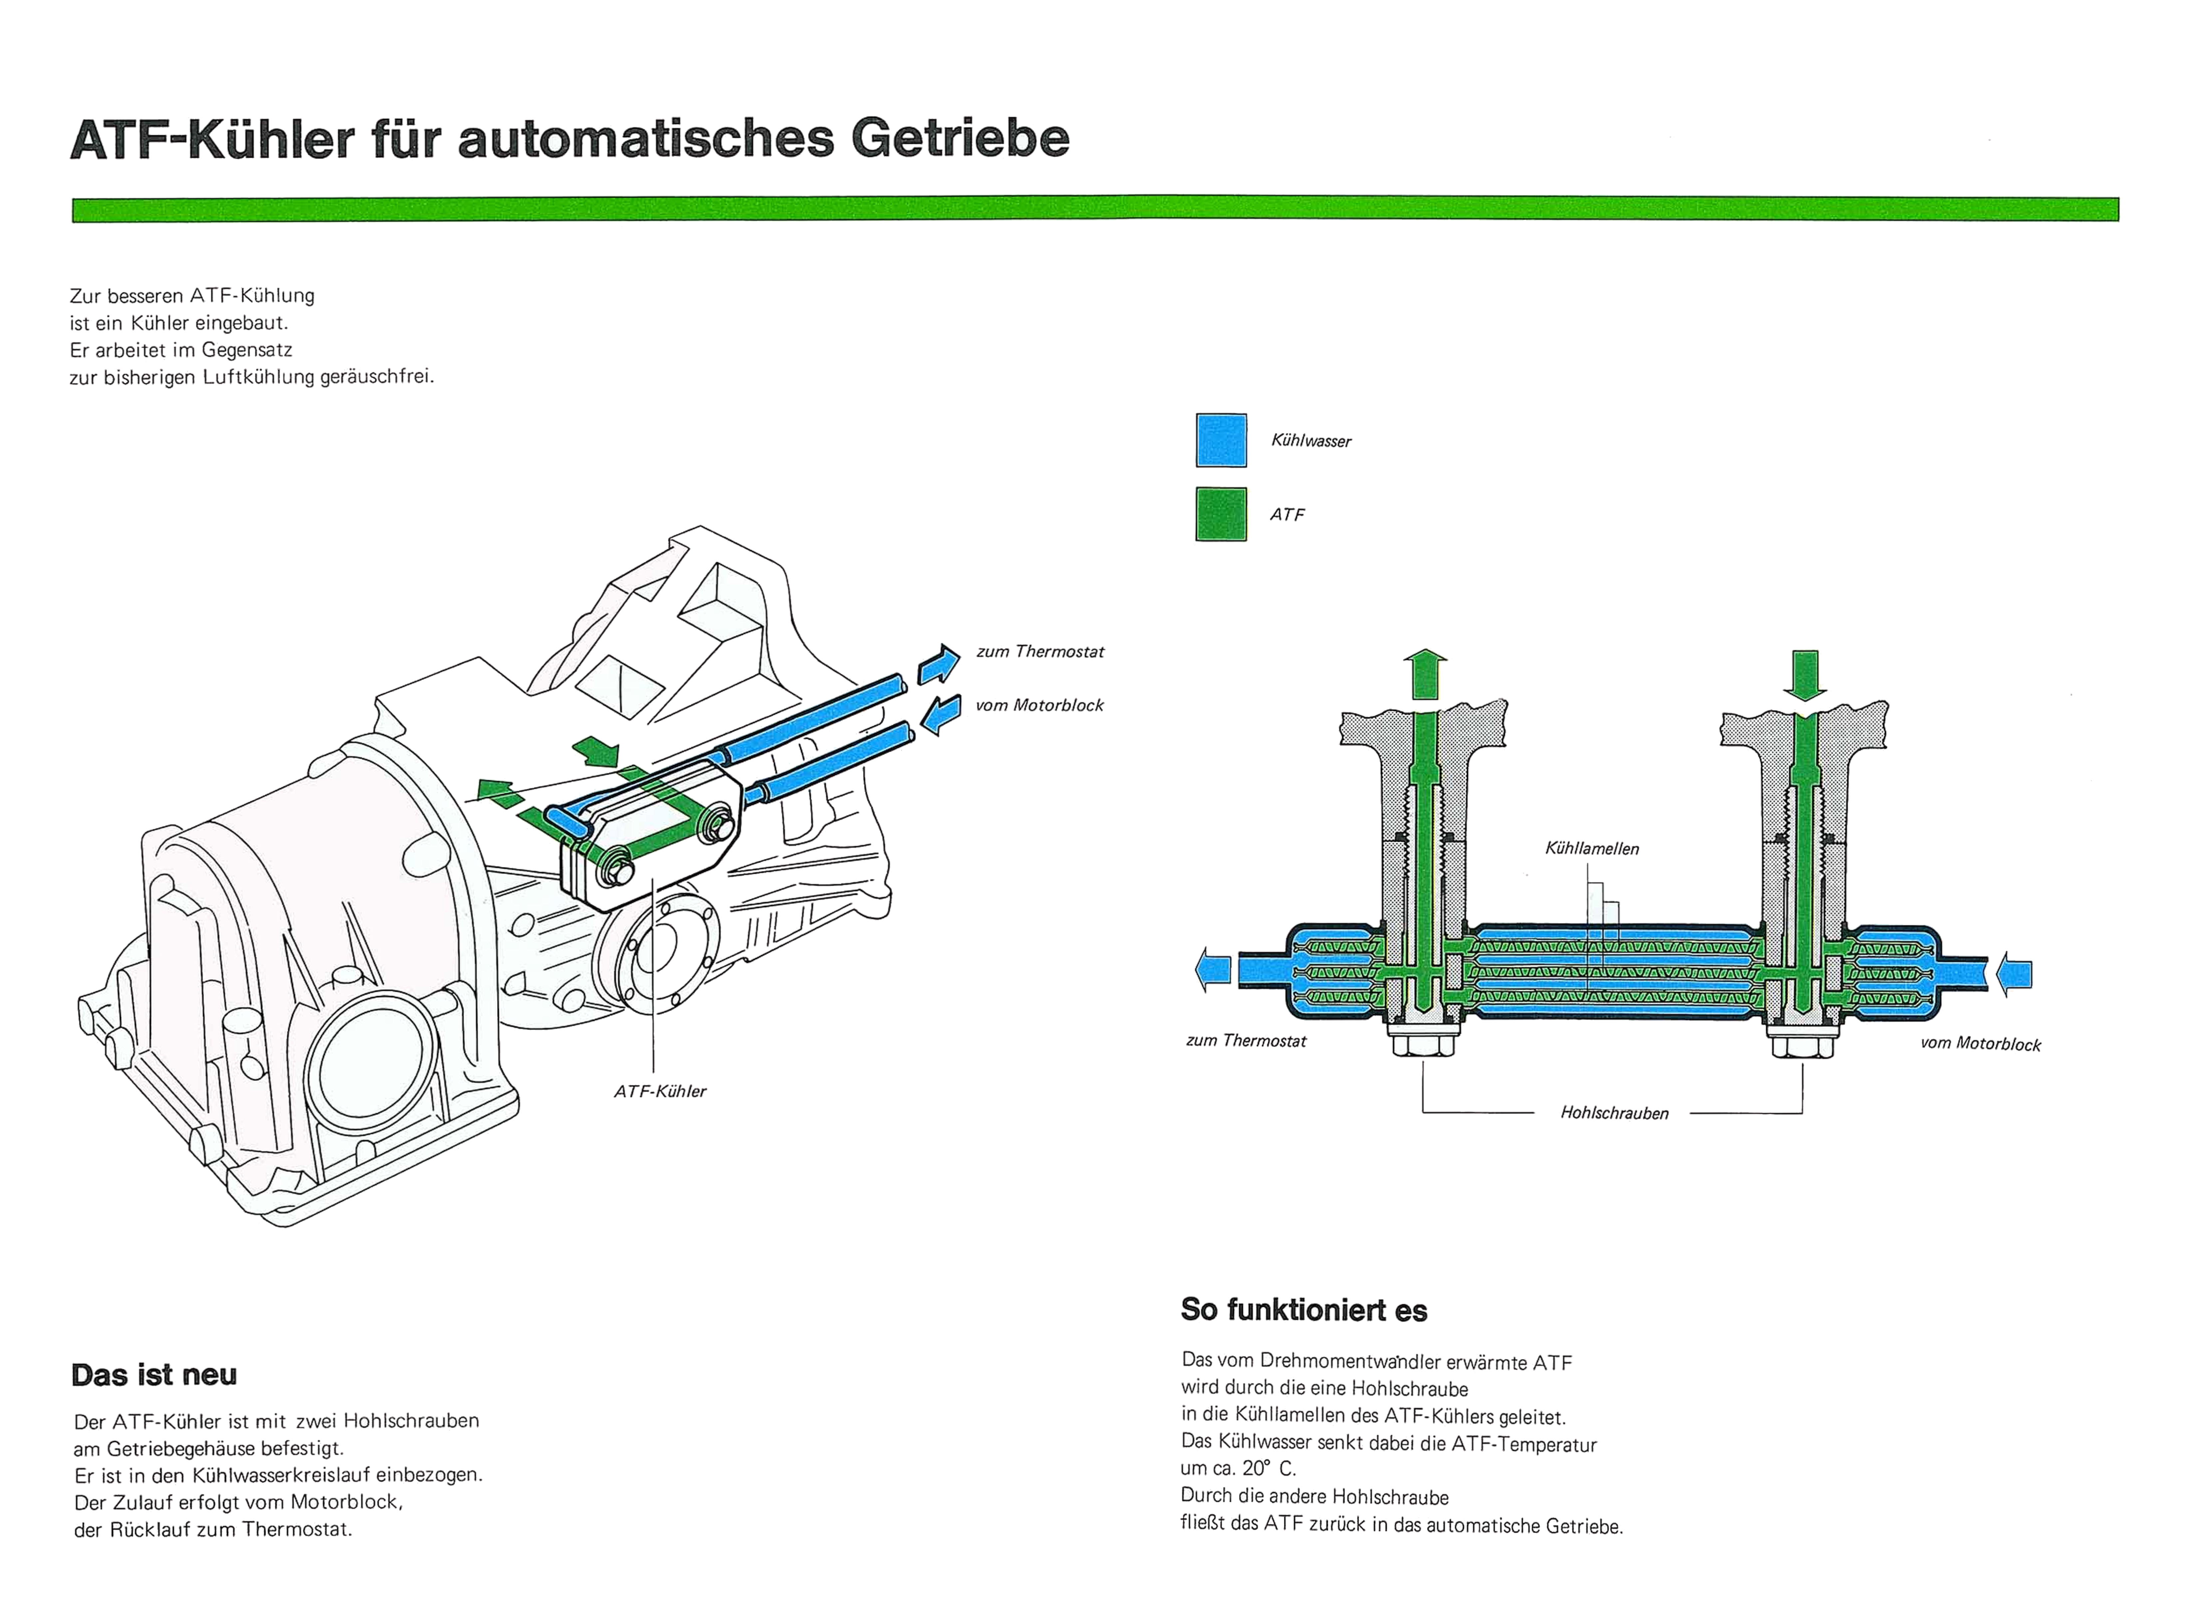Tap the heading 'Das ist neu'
(154, 1374)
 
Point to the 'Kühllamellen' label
(1591, 848)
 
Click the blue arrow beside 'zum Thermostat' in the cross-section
(1214, 970)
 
